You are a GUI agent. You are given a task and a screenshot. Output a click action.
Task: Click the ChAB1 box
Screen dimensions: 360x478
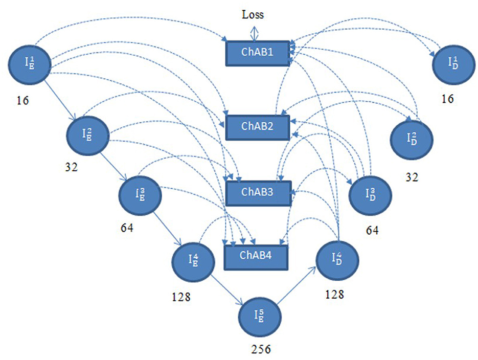258,53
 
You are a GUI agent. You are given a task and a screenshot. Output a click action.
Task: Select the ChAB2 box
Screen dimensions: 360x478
258,127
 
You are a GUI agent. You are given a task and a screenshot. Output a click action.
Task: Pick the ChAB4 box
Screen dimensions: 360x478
257,257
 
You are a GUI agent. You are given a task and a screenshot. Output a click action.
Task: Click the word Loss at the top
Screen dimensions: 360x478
253,14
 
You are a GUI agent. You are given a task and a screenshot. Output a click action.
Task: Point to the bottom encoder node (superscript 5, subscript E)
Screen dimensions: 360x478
261,316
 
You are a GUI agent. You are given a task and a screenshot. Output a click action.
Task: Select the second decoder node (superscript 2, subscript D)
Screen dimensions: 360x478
411,139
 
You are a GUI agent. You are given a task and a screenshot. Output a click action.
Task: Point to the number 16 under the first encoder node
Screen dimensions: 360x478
22,100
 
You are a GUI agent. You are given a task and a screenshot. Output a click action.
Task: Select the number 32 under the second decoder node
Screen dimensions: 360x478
412,177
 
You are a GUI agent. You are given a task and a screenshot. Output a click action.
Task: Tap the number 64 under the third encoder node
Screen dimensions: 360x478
127,228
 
